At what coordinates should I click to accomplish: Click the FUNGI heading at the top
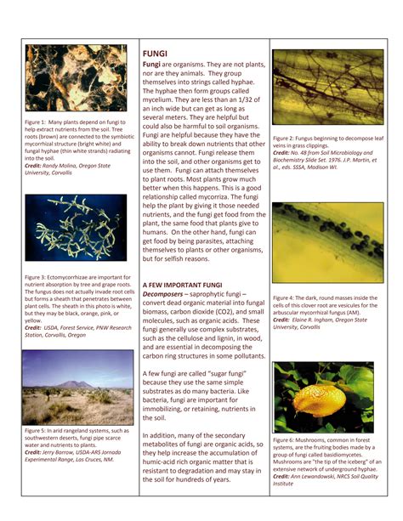pos(155,54)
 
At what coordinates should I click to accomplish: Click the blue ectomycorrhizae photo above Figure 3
pos(77,228)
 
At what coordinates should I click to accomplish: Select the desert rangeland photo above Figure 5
pos(77,388)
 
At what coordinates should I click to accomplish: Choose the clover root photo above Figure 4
pos(326,241)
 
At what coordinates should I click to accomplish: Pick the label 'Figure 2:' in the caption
pos(287,137)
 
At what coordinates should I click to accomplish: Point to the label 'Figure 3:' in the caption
pos(37,276)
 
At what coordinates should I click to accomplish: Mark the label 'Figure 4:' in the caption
pos(287,297)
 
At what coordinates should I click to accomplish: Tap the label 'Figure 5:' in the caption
pos(37,431)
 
